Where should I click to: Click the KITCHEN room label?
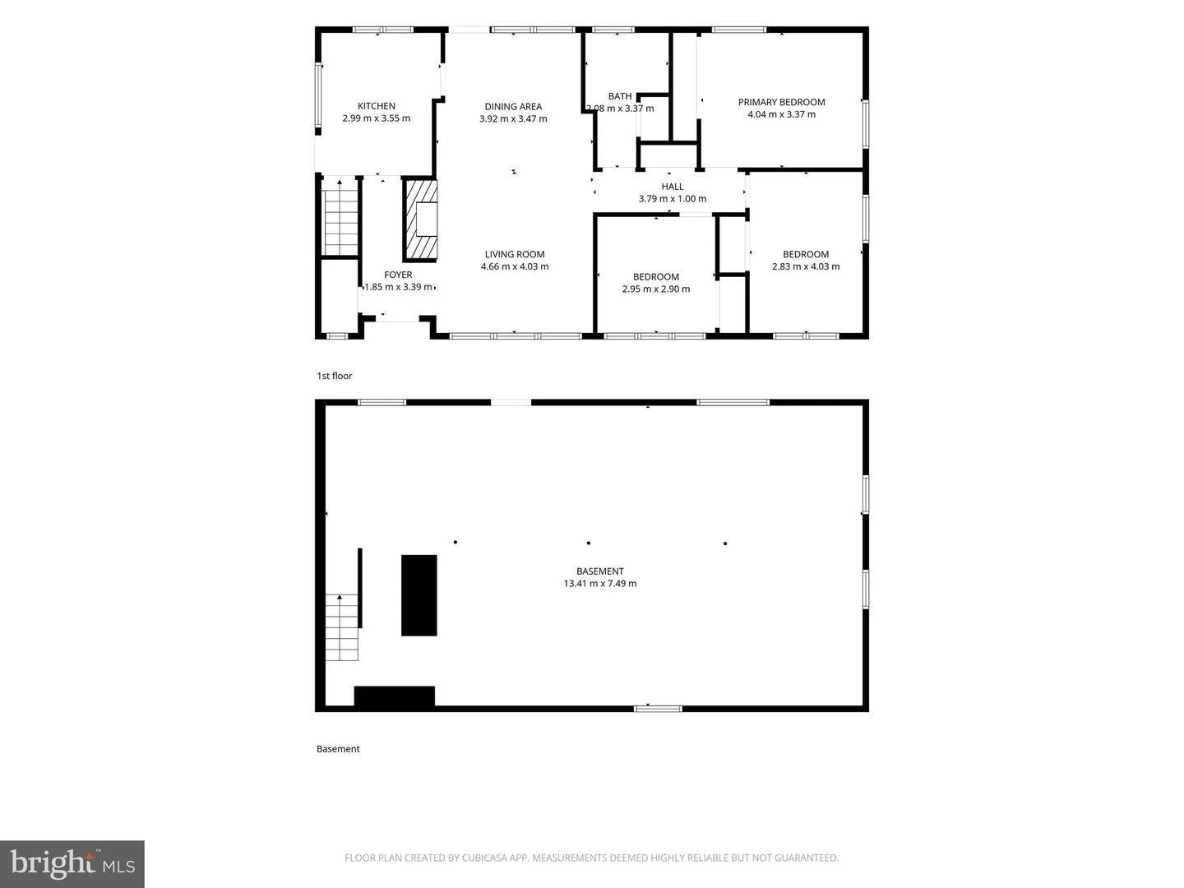pyautogui.click(x=376, y=106)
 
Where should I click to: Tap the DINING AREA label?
pyautogui.click(x=513, y=107)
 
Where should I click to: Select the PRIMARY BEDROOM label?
pyautogui.click(x=781, y=102)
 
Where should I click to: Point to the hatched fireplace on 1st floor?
pyautogui.click(x=419, y=220)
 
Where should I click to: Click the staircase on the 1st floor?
pyautogui.click(x=340, y=217)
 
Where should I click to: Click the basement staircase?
pyautogui.click(x=341, y=627)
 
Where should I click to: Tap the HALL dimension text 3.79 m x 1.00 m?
pyautogui.click(x=672, y=198)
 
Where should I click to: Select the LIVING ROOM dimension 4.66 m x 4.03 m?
pyautogui.click(x=515, y=266)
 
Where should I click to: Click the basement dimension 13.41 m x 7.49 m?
pyautogui.click(x=600, y=584)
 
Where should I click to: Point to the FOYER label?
pyautogui.click(x=398, y=275)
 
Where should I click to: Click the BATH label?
pyautogui.click(x=620, y=96)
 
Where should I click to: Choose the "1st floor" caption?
pyautogui.click(x=335, y=376)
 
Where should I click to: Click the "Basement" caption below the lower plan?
pyautogui.click(x=338, y=749)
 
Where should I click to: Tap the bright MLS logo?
pyautogui.click(x=72, y=863)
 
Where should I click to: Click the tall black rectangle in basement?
pyautogui.click(x=419, y=595)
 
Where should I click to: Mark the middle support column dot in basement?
pyautogui.click(x=589, y=543)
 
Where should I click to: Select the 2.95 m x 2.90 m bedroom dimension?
pyautogui.click(x=656, y=289)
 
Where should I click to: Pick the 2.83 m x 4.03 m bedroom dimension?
pyautogui.click(x=806, y=266)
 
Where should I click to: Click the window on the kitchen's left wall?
pyautogui.click(x=319, y=95)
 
